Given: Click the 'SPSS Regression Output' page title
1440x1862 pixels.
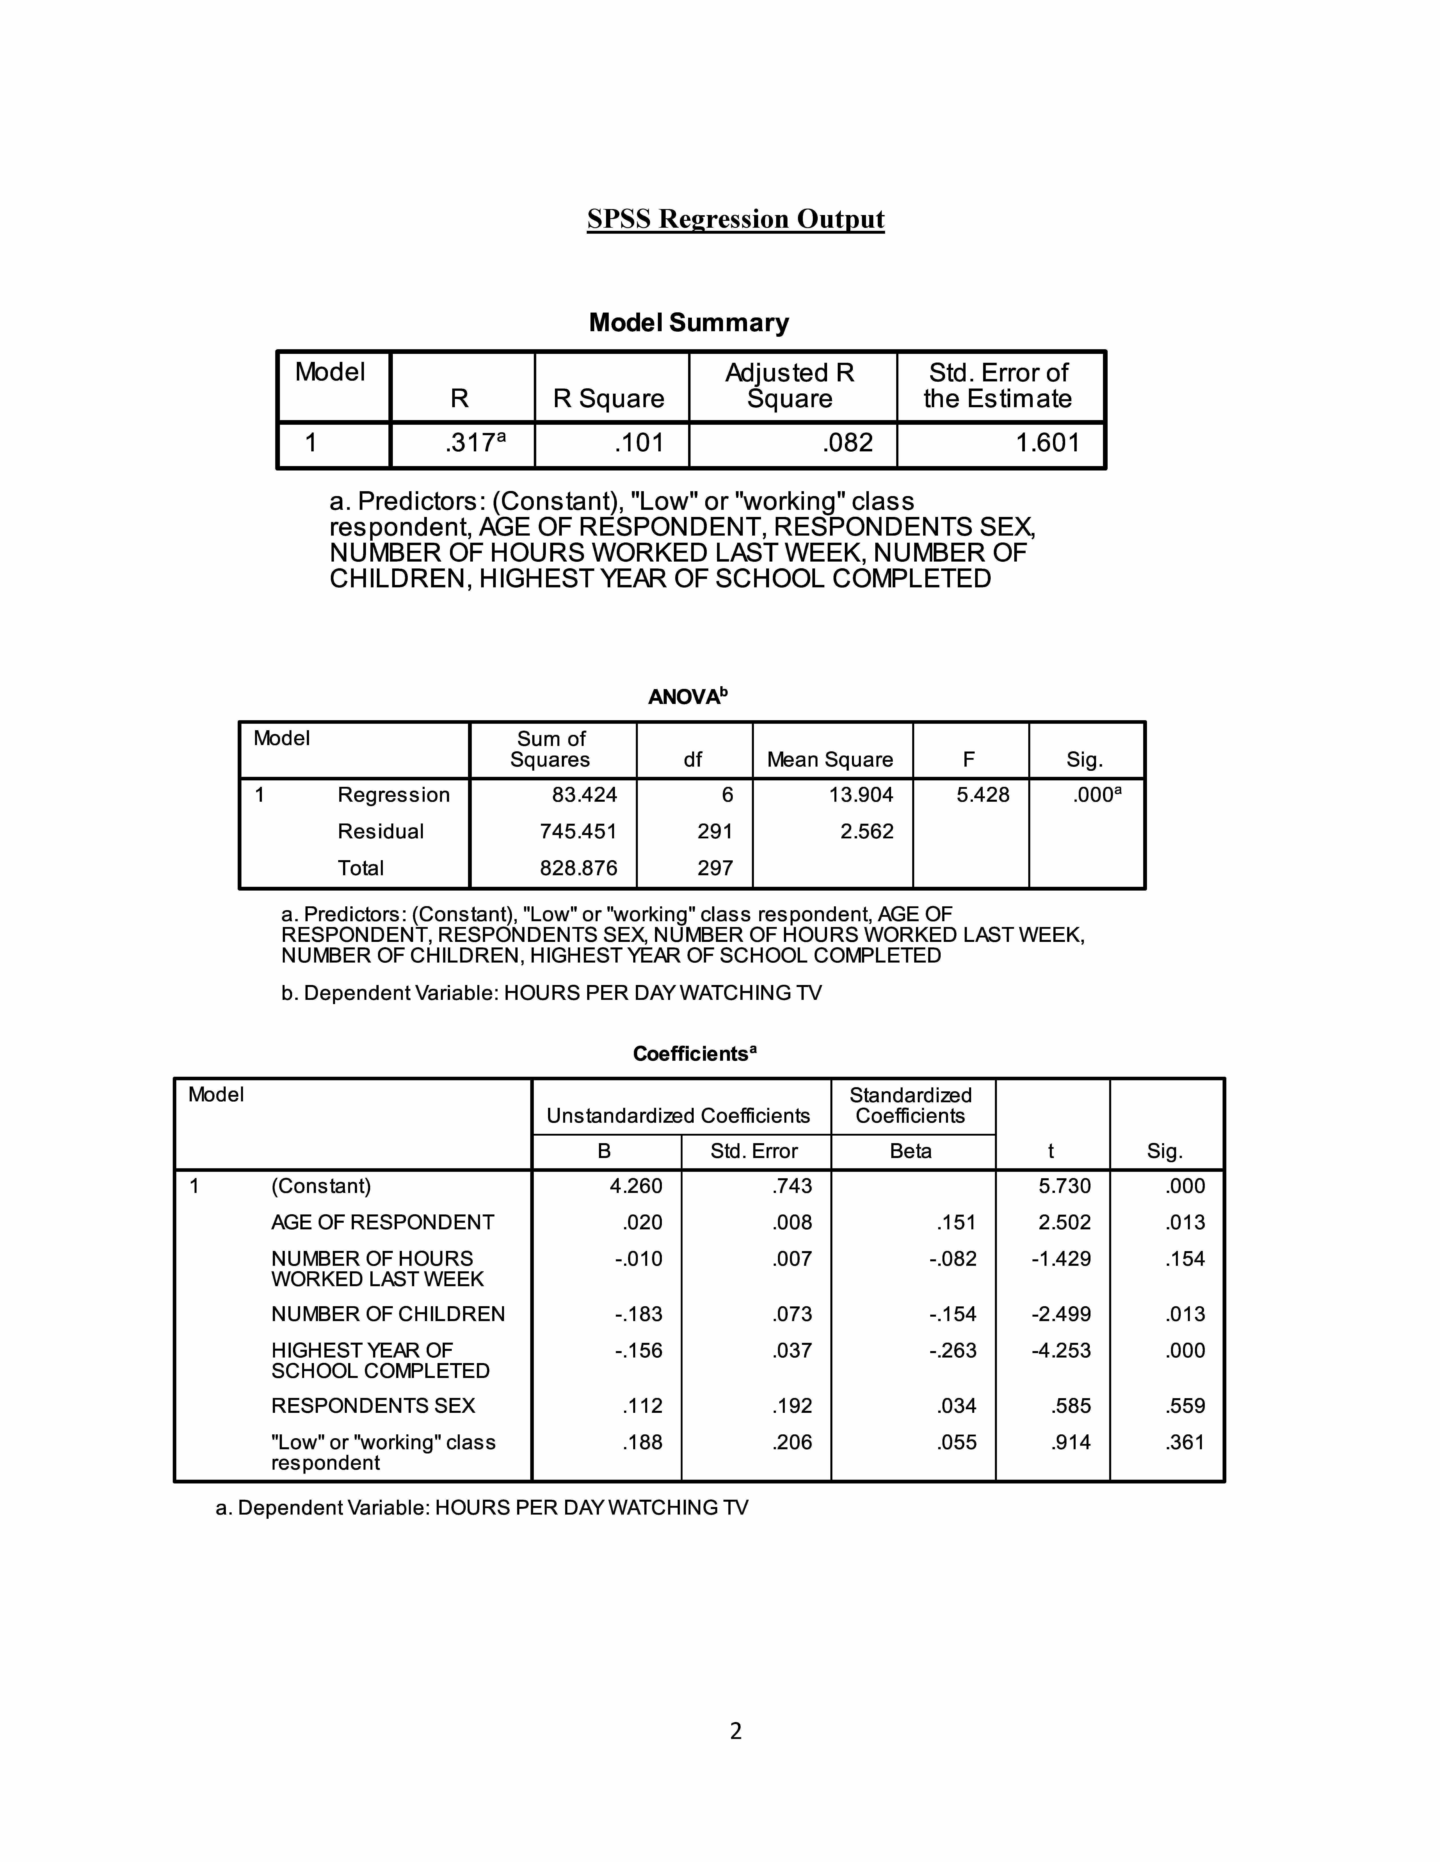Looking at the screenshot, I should tap(735, 219).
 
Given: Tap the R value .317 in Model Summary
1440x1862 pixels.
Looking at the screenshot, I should tap(470, 443).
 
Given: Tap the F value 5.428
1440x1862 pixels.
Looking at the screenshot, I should tap(983, 795).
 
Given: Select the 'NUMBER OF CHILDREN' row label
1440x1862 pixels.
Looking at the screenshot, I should tap(388, 1314).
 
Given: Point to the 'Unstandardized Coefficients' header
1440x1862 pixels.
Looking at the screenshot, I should tap(678, 1116).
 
